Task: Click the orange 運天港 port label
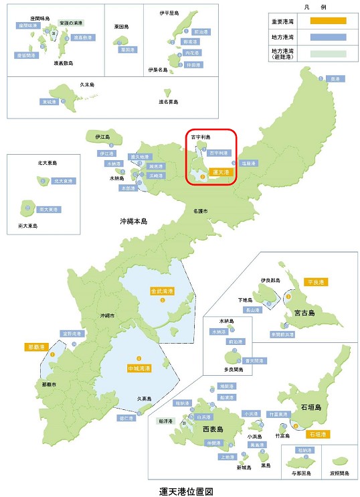(219, 172)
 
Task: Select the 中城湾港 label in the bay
(139, 368)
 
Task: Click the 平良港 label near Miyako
(315, 282)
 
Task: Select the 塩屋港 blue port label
(249, 163)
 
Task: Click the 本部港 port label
(127, 188)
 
